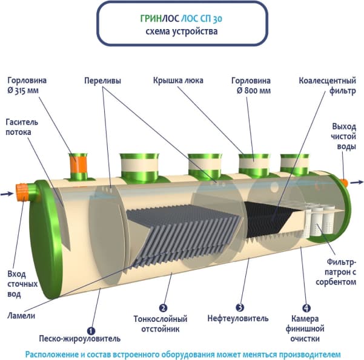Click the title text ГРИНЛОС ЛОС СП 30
182,18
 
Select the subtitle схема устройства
182,31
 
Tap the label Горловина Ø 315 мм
27,85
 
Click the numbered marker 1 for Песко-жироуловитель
91,330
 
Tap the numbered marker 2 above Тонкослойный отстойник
163,307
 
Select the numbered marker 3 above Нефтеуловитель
240,307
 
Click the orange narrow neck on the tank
78,164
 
